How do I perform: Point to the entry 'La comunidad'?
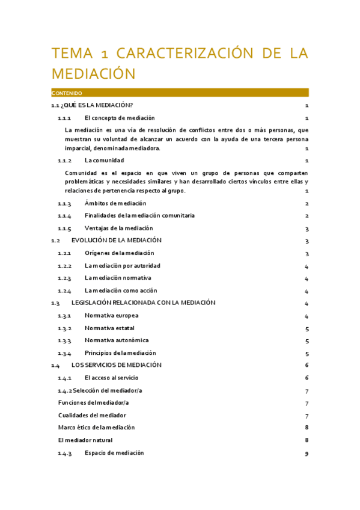click(x=104, y=161)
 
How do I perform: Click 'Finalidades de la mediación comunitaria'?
click(x=139, y=215)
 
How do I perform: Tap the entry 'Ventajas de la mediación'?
click(x=119, y=229)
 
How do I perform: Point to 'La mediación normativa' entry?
click(x=118, y=278)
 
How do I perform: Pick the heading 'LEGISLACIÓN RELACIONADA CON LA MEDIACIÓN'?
click(x=143, y=303)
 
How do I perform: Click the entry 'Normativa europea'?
click(x=111, y=315)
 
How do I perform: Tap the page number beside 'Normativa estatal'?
click(x=307, y=329)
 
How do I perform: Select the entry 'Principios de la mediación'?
click(x=120, y=353)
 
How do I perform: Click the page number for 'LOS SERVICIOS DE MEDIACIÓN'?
click(x=307, y=365)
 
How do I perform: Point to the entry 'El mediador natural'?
click(x=85, y=440)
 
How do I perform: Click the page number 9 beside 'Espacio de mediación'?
click(x=307, y=453)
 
